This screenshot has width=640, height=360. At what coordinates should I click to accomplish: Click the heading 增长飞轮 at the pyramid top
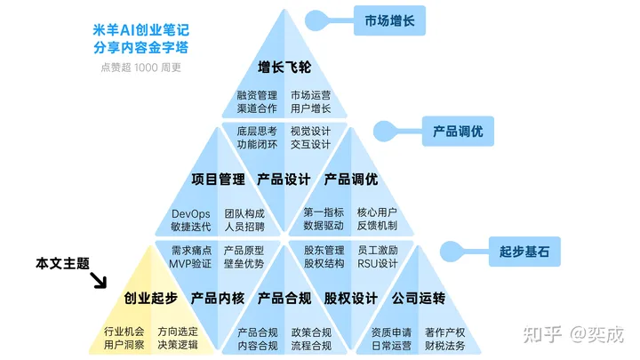click(284, 68)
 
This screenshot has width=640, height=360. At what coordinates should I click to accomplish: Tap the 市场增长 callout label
click(389, 20)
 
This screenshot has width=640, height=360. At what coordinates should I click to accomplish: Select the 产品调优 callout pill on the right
click(458, 131)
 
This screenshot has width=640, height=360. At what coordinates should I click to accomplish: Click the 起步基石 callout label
click(524, 252)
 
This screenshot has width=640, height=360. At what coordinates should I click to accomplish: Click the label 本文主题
click(62, 263)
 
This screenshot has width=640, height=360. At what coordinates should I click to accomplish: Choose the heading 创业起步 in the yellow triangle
click(150, 298)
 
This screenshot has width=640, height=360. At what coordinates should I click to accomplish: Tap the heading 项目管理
click(218, 179)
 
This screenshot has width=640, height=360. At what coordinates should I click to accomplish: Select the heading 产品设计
click(284, 179)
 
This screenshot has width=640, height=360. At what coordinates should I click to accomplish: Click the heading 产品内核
click(218, 298)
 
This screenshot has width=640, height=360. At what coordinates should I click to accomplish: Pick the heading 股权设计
click(350, 298)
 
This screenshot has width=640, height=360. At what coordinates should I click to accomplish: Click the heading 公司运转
click(418, 298)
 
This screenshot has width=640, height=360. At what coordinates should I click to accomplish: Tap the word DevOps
click(190, 213)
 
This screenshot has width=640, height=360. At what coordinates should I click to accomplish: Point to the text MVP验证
click(190, 263)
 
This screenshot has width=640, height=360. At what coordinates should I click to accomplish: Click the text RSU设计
click(377, 263)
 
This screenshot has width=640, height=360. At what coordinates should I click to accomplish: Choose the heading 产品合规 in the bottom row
click(284, 298)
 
